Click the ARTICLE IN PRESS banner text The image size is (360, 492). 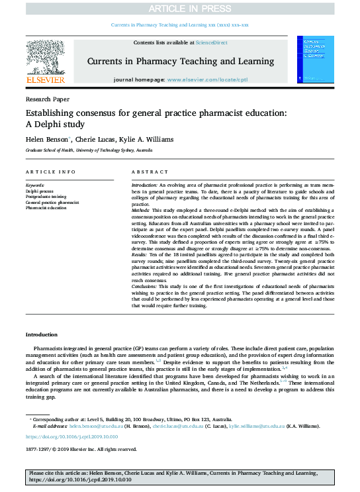coord(180,9)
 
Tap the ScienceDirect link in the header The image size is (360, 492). coord(211,42)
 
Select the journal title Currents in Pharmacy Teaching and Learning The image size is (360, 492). coord(179,61)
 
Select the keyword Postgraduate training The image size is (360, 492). coord(46,195)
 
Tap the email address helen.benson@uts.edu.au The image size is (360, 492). coord(94,428)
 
